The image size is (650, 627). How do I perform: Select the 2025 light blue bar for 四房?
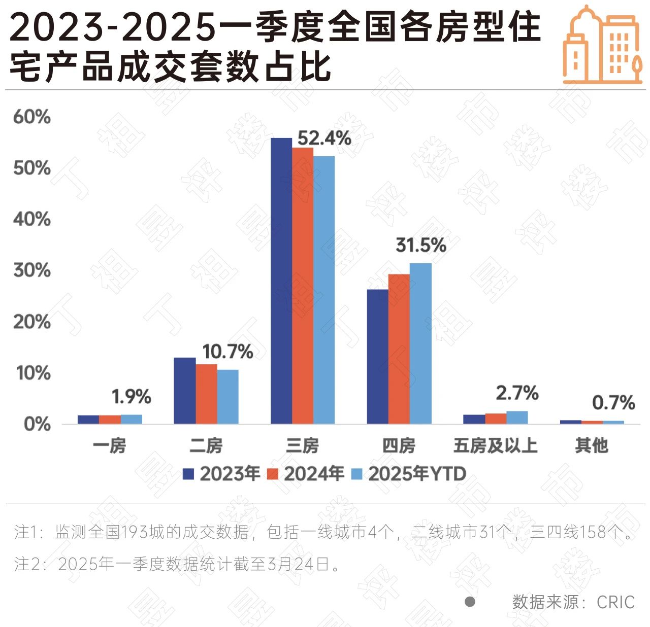[420, 343]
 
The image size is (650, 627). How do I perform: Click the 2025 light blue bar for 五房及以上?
[517, 417]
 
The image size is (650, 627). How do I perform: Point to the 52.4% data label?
[324, 138]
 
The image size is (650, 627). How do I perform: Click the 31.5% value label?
[421, 246]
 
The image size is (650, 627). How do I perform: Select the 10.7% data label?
[227, 352]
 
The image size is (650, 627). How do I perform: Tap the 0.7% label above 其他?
[613, 403]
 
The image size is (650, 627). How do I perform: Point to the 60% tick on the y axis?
[32, 117]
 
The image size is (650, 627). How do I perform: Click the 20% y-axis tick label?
[32, 322]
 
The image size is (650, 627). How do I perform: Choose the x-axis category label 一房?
[110, 445]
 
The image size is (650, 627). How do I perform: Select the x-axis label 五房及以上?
[495, 445]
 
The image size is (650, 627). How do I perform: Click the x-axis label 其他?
[592, 445]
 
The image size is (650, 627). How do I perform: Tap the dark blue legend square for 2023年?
[188, 474]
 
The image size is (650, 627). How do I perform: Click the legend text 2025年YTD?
[417, 474]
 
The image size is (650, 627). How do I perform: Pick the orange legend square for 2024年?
[273, 474]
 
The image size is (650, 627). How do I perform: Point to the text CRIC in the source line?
[615, 602]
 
